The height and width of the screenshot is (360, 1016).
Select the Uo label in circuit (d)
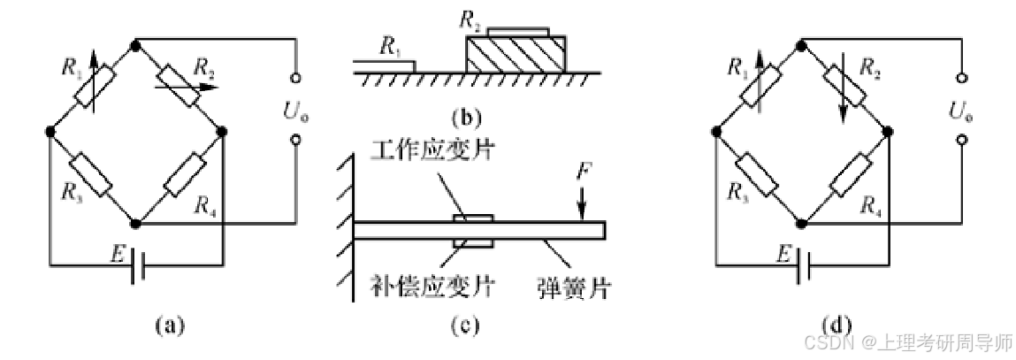[959, 110]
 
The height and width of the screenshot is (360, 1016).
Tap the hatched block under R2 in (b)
[514, 56]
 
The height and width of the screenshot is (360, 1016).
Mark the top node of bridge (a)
[134, 42]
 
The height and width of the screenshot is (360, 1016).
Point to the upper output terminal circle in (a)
[294, 78]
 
